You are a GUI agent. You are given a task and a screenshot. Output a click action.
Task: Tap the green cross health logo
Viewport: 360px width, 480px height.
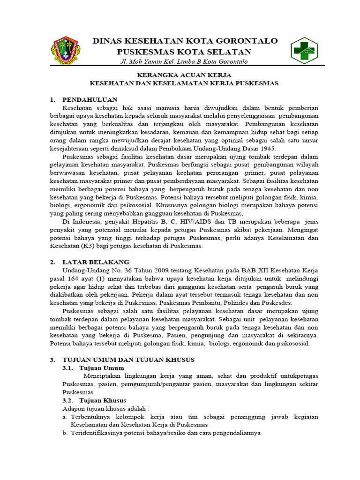pyautogui.click(x=303, y=50)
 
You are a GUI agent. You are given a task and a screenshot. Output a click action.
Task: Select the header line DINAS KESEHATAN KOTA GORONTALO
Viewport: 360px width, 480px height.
pyautogui.click(x=185, y=41)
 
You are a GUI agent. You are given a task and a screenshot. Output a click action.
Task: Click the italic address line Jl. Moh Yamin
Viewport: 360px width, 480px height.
pyautogui.click(x=184, y=62)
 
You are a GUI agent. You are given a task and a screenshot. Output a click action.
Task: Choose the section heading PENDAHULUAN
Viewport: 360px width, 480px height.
pyautogui.click(x=90, y=99)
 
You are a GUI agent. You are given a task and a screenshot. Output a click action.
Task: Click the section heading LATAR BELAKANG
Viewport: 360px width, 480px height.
pyautogui.click(x=96, y=262)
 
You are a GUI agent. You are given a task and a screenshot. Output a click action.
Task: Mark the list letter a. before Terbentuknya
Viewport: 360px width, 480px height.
pyautogui.click(x=65, y=417)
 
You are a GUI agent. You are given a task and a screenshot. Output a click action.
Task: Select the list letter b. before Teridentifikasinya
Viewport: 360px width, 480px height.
pyautogui.click(x=65, y=433)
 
